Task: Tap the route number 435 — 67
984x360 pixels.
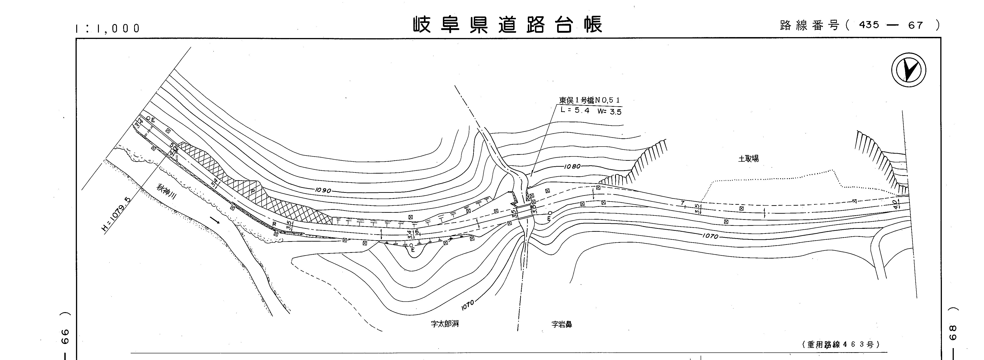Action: click(x=891, y=25)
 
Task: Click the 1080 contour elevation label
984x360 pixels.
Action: click(x=572, y=167)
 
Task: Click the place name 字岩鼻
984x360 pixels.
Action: click(x=561, y=325)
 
